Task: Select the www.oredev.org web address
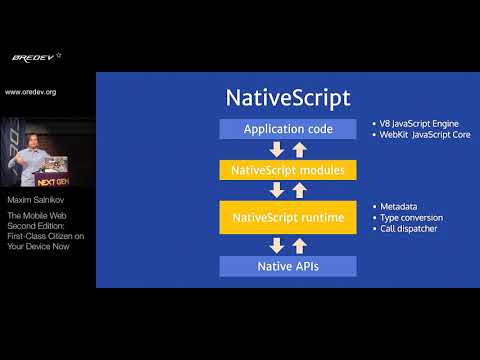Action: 31,92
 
